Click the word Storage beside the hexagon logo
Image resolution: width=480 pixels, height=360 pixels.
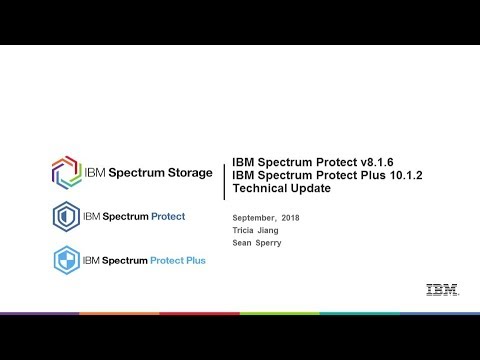[184, 170]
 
